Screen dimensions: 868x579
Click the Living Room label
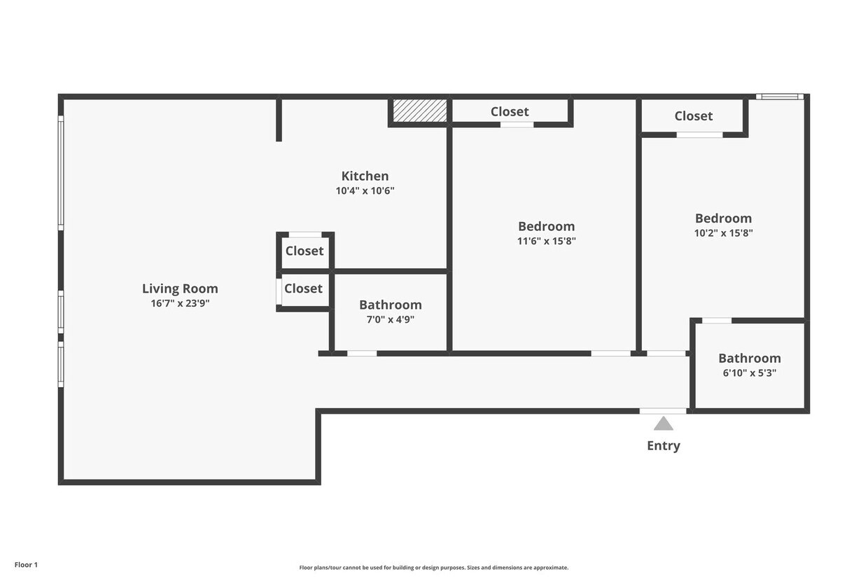tap(180, 288)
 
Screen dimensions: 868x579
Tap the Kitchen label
tap(365, 176)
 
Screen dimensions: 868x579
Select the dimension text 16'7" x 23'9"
tap(180, 303)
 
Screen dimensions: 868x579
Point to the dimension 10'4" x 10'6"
tap(365, 190)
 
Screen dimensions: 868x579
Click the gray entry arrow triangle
tap(663, 424)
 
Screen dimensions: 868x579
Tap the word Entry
tap(664, 446)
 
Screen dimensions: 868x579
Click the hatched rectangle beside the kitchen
tap(420, 111)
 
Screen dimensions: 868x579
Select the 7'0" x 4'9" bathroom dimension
tap(390, 319)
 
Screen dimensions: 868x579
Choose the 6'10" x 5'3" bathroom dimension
tap(750, 373)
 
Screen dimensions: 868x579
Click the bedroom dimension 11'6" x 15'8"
tap(547, 241)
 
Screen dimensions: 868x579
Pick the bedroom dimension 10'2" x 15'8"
tap(723, 233)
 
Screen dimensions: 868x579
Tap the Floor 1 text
tap(26, 565)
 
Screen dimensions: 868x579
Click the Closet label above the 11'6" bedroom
tap(510, 111)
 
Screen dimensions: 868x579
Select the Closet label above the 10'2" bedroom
tap(693, 116)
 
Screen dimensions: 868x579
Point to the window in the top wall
tap(780, 97)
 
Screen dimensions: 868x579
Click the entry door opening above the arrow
tap(663, 411)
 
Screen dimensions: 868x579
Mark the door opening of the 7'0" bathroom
tap(362, 354)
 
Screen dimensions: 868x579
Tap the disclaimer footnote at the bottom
tap(433, 567)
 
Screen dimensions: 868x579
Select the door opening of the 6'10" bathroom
tap(717, 321)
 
